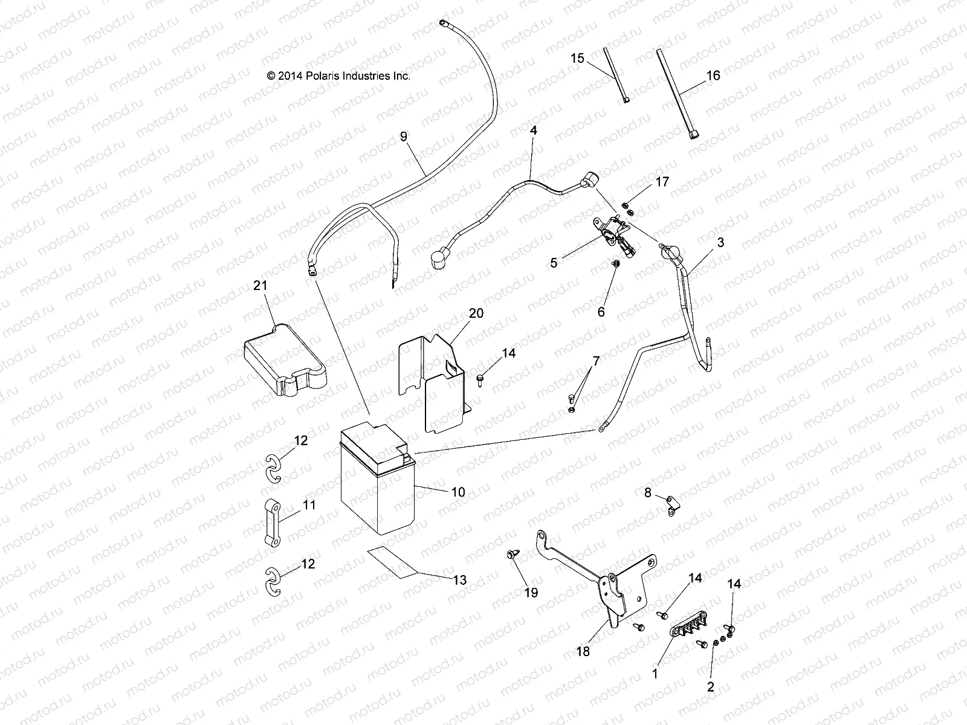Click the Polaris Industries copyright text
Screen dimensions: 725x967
338,76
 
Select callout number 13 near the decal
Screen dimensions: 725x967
459,580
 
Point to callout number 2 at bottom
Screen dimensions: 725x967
710,686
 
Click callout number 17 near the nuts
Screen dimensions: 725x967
662,181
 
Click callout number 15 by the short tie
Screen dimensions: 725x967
577,58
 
